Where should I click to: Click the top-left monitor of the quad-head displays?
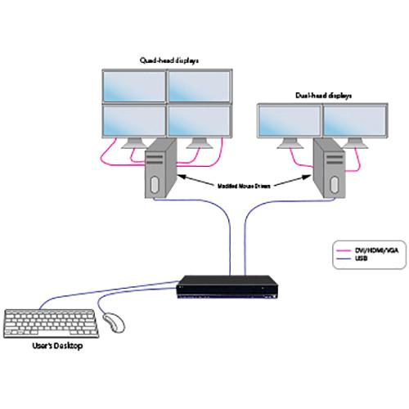click(x=133, y=86)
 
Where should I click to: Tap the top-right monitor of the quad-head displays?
click(x=197, y=86)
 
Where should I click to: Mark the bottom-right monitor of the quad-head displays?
click(x=196, y=121)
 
